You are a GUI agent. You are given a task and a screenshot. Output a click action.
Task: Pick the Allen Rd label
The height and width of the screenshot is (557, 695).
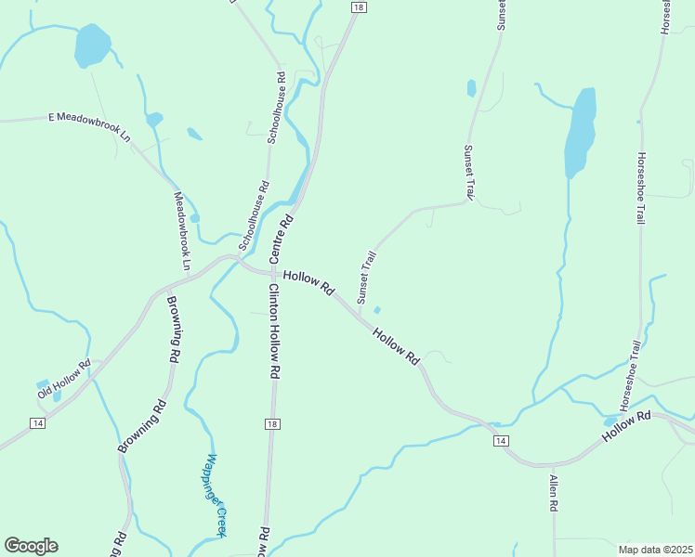[x=553, y=493]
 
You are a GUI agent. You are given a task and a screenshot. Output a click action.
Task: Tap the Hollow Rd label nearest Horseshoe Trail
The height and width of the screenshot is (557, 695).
[x=626, y=425]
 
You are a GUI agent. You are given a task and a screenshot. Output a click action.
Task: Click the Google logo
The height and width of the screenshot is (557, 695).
[x=31, y=545]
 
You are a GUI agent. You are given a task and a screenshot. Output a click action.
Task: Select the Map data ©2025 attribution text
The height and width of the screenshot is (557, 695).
[x=654, y=549]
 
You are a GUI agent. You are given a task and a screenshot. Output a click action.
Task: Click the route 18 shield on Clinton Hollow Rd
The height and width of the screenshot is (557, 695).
[x=271, y=424]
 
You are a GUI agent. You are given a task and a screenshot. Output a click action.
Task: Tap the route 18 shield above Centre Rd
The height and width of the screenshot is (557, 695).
[x=359, y=7]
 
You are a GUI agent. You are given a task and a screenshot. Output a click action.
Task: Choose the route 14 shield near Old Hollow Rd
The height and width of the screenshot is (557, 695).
[x=37, y=423]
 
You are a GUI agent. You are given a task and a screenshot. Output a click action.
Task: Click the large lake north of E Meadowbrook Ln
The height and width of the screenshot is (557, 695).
[x=92, y=45]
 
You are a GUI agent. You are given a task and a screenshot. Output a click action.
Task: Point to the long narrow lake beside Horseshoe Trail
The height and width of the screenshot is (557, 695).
[x=580, y=132]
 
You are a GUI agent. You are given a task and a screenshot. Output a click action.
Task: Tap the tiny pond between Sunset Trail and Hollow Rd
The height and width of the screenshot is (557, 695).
[x=376, y=310]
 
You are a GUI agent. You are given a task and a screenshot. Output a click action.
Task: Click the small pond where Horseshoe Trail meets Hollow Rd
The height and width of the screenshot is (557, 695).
[x=609, y=421]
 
